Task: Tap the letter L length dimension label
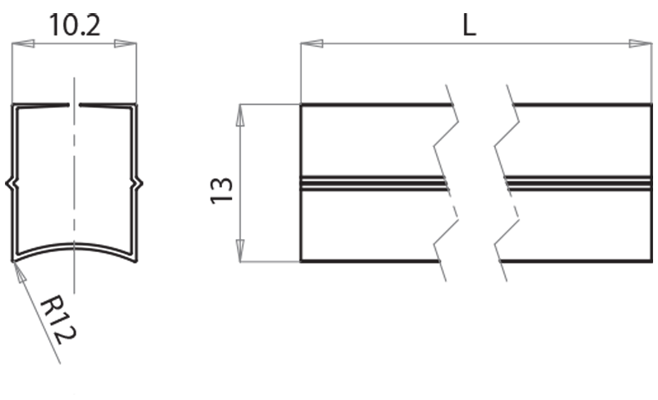[x=469, y=24]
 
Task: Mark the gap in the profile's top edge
[x=75, y=105]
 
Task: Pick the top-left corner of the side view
[x=301, y=104]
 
